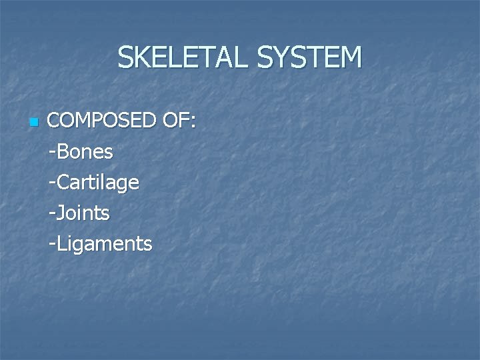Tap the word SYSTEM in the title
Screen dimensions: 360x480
click(x=309, y=58)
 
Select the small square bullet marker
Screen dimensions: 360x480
click(x=34, y=123)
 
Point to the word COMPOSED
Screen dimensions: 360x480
click(x=102, y=121)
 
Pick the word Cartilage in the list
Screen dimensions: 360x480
click(x=98, y=183)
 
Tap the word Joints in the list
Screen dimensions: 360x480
click(x=83, y=213)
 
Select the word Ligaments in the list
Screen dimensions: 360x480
click(x=105, y=244)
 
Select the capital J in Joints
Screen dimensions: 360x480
click(x=61, y=213)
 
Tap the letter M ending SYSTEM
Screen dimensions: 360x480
click(x=350, y=58)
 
